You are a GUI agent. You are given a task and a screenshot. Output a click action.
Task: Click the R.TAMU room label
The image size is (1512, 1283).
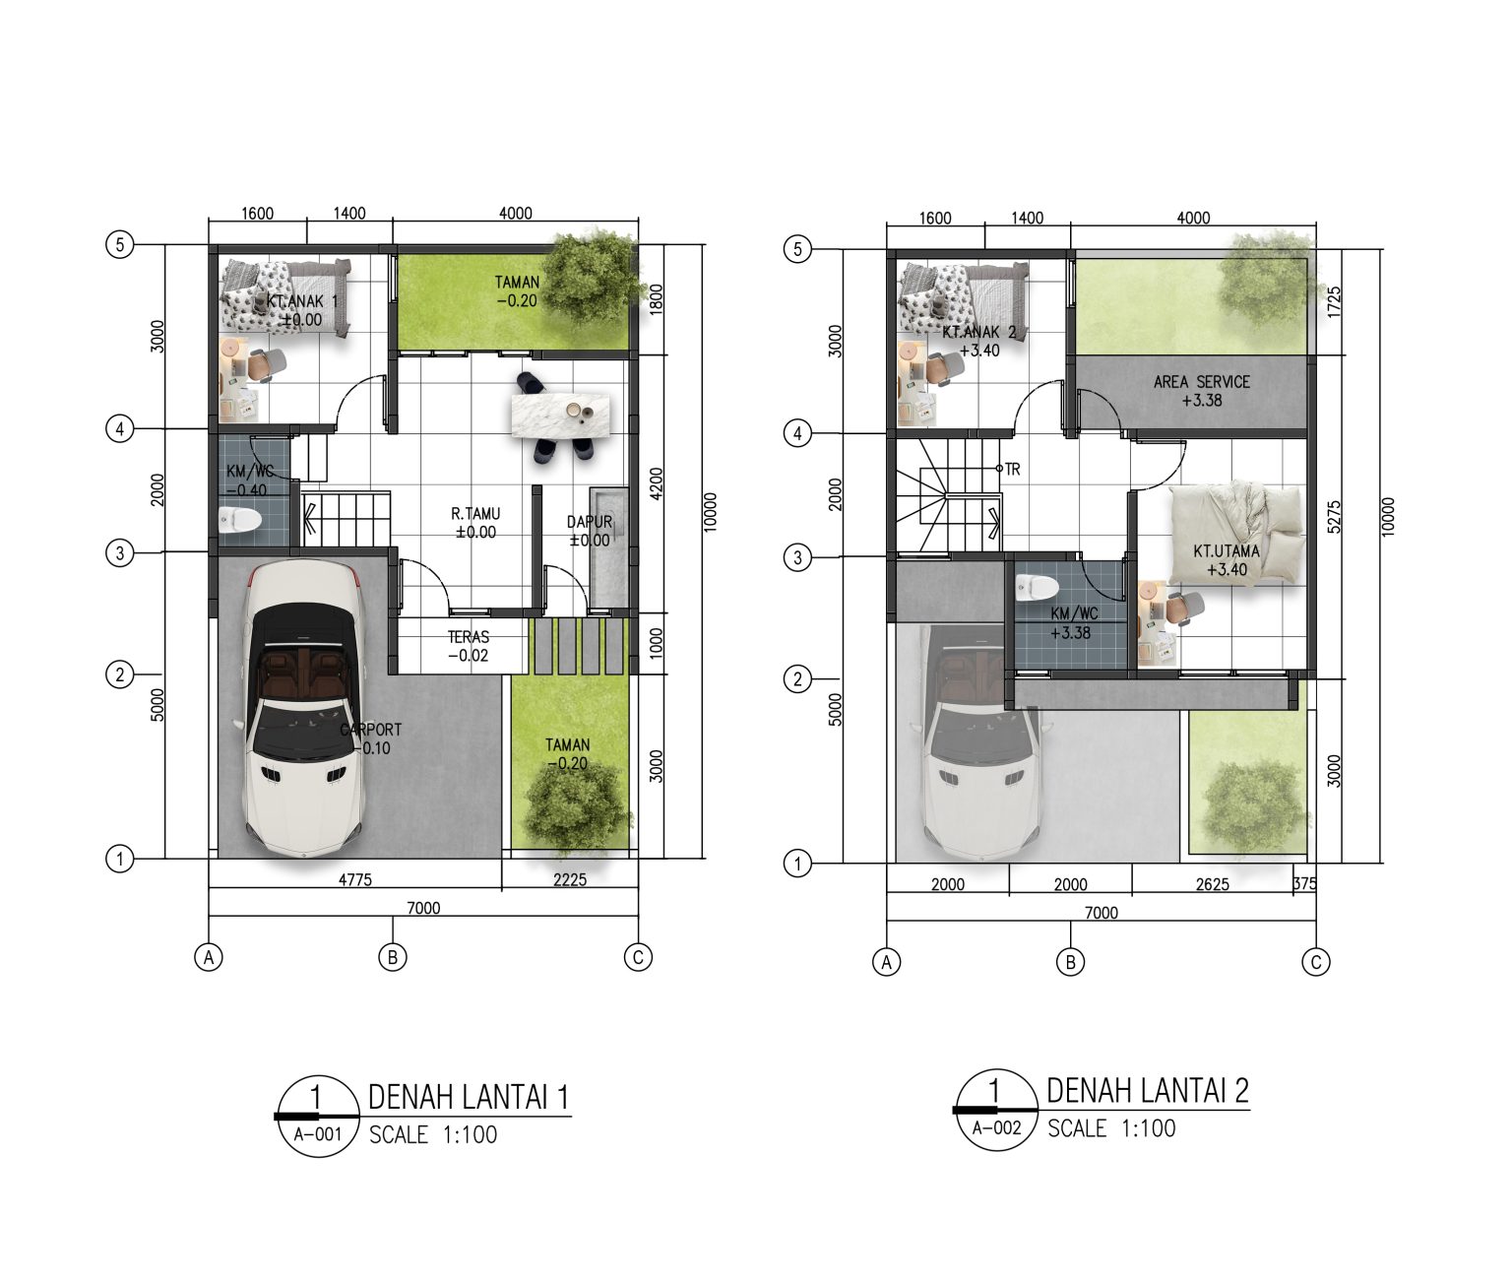(x=475, y=514)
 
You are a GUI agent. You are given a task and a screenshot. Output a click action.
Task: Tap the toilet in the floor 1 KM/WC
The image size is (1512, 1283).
(x=240, y=520)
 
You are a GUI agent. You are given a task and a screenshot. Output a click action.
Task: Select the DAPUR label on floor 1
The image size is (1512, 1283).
(x=590, y=522)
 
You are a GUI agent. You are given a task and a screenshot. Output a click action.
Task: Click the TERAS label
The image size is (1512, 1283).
(x=469, y=637)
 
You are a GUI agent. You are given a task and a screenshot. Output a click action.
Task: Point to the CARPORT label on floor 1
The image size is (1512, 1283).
(x=371, y=729)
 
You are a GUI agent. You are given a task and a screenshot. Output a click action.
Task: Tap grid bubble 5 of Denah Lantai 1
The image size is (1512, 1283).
(x=120, y=244)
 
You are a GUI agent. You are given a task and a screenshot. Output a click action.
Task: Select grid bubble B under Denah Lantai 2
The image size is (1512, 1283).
(x=1071, y=962)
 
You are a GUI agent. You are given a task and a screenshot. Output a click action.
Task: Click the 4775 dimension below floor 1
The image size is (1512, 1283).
(x=354, y=879)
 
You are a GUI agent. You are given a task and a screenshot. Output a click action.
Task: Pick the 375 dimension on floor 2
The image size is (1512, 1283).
(x=1304, y=883)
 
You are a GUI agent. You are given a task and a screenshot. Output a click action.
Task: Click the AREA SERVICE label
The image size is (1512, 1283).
(x=1202, y=381)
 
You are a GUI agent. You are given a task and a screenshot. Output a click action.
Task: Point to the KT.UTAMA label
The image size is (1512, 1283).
(x=1227, y=551)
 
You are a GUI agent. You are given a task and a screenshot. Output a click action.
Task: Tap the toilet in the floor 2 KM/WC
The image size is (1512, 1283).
(x=1038, y=587)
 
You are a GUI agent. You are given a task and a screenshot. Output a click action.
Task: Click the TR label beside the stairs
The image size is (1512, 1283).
(x=1012, y=469)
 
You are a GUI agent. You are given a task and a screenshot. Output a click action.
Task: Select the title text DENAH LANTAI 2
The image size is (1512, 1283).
(x=1148, y=1091)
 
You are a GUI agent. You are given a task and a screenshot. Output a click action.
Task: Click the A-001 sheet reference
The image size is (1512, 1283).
(x=318, y=1135)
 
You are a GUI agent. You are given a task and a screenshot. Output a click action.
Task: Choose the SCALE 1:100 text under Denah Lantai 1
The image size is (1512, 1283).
(x=433, y=1135)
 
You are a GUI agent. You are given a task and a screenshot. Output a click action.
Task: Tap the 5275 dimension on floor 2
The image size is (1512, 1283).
(x=1334, y=517)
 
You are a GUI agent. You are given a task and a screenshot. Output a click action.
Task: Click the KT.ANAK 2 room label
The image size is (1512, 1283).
(x=979, y=332)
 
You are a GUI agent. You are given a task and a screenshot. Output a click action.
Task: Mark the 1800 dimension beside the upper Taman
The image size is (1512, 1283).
(x=657, y=299)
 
